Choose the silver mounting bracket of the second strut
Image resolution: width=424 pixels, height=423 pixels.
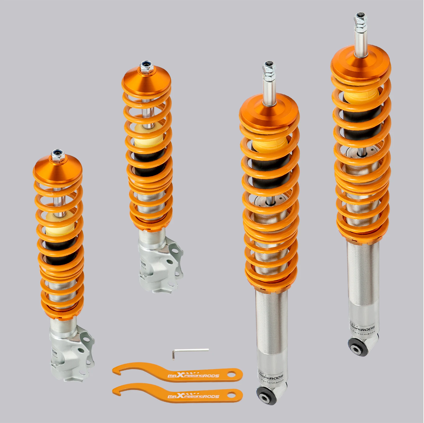pyautogui.click(x=159, y=264)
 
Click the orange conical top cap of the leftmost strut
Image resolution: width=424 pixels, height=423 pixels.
pyautogui.click(x=57, y=169)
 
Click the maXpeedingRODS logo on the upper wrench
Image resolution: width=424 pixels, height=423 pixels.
pyautogui.click(x=193, y=375)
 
